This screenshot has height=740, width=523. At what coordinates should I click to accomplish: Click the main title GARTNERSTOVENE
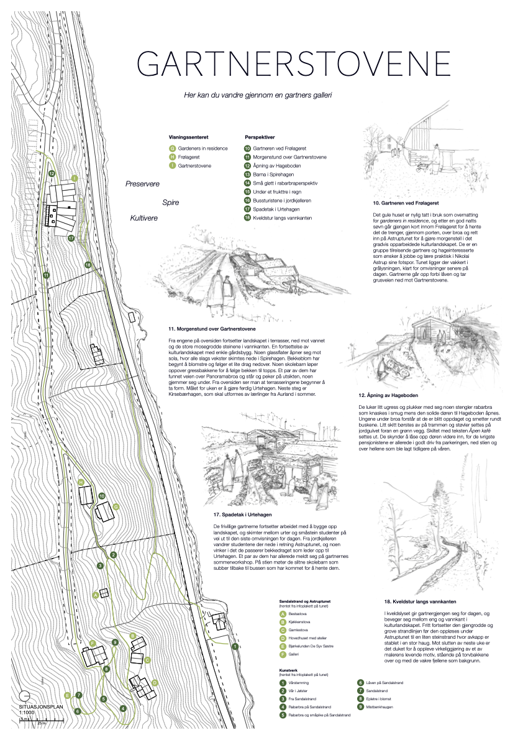coord(293,64)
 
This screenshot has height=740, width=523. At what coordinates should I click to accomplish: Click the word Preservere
coord(143,184)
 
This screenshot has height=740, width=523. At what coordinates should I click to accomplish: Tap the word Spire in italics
coord(170,202)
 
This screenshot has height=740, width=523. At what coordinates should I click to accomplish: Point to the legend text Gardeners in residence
coord(202,148)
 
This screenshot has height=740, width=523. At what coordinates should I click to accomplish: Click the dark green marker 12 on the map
coord(52,173)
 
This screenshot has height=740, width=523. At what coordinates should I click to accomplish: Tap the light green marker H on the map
coord(81,482)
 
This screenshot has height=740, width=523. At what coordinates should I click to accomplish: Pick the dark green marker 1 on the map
coord(234,647)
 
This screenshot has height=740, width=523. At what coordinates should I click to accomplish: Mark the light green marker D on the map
coord(155,682)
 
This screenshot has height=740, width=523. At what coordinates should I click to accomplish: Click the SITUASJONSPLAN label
coord(38,707)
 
